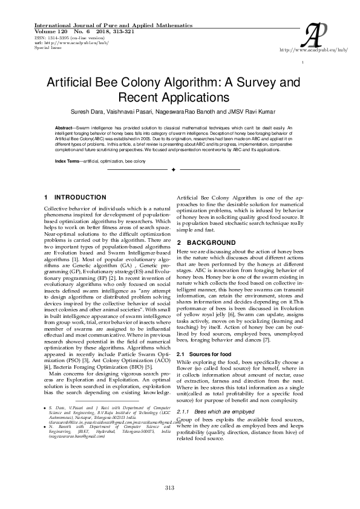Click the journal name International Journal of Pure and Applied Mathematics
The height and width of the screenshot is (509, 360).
click(x=109, y=26)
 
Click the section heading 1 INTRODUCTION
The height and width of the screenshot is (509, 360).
click(x=76, y=198)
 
